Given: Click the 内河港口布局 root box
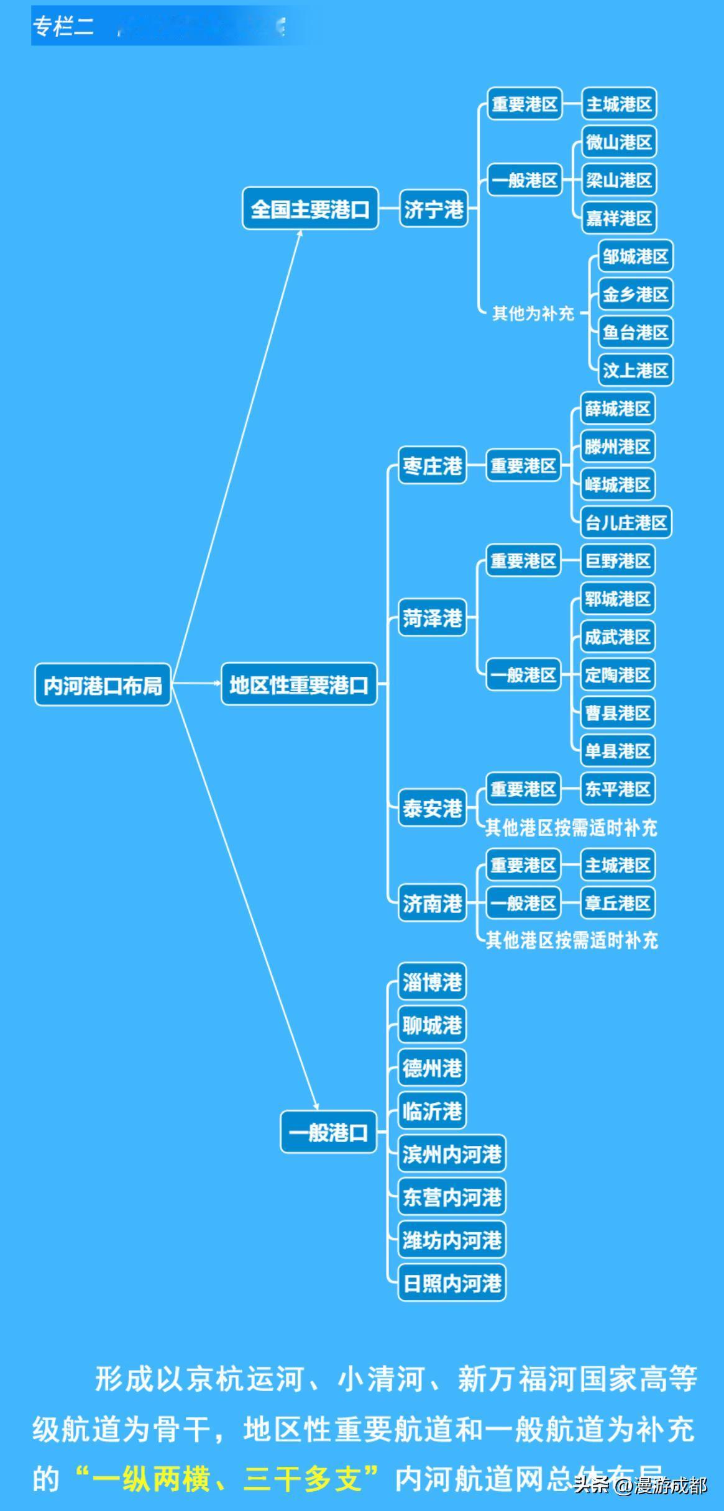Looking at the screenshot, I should [103, 685].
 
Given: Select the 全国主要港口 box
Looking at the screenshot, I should [310, 209].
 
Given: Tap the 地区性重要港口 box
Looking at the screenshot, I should [299, 684].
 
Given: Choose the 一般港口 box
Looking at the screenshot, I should [328, 1132].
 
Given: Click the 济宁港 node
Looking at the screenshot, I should [433, 209].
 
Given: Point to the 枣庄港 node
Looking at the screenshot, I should [432, 465].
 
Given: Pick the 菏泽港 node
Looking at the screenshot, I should [432, 618].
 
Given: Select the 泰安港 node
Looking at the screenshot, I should [432, 808].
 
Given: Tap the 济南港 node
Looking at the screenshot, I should [432, 903].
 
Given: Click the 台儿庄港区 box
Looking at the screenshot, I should [626, 522].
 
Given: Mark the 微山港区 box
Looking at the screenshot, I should [619, 142].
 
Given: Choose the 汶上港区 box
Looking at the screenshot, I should [635, 370].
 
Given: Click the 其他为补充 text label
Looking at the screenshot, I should [533, 314].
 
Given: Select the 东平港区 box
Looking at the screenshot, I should [618, 789].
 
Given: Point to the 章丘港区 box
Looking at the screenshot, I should [618, 902].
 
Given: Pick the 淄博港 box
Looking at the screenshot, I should [432, 982].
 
